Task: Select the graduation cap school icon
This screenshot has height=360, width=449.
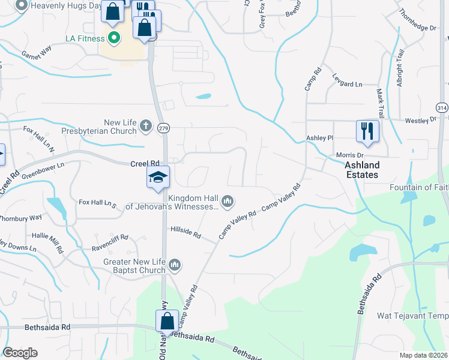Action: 158,178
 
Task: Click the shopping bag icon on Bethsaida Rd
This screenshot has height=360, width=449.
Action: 167,320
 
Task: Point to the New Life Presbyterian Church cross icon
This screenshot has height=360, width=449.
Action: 145,127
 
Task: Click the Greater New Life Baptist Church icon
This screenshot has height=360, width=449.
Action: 175,265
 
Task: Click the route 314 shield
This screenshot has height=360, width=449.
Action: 442,107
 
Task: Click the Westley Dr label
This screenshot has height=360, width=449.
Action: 420,120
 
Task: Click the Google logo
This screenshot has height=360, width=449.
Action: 20,353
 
